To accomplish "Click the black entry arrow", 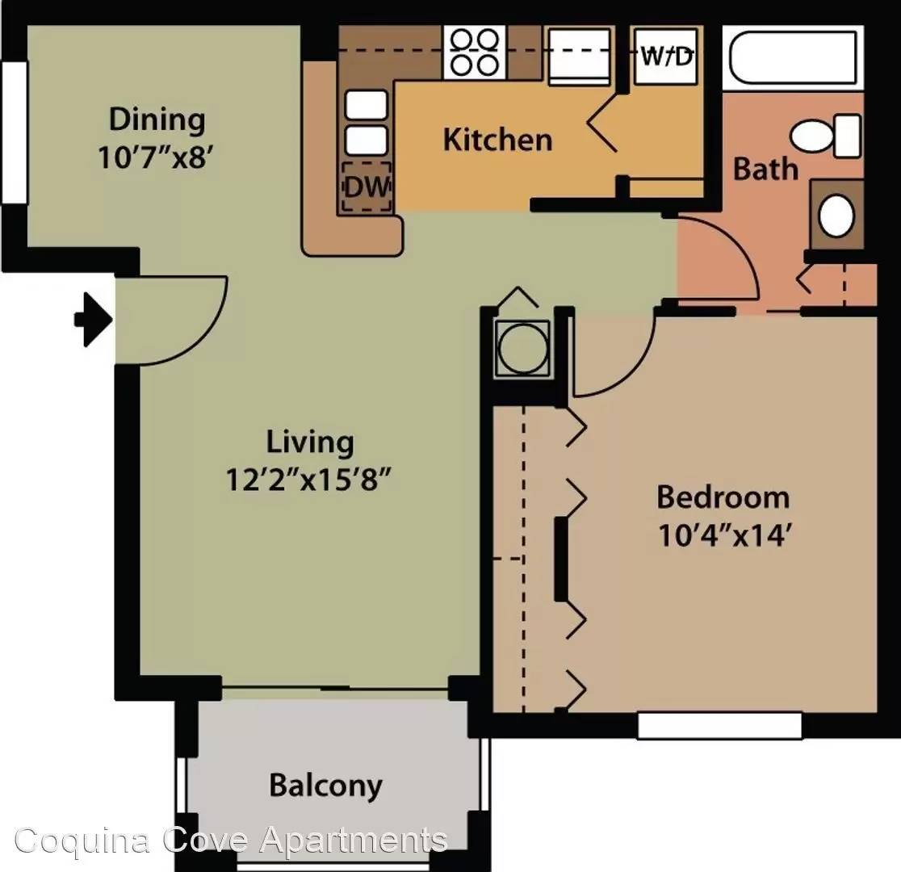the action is pyautogui.click(x=94, y=319).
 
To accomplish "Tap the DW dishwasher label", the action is pyautogui.click(x=367, y=187).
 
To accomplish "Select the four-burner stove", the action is pyautogui.click(x=475, y=52).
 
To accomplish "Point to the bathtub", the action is pyautogui.click(x=793, y=57).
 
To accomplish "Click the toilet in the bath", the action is pyautogui.click(x=826, y=135).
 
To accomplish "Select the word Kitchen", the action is pyautogui.click(x=497, y=140).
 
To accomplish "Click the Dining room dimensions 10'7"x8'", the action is pyautogui.click(x=152, y=157).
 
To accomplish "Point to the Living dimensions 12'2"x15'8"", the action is pyautogui.click(x=308, y=480).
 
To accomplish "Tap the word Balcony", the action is pyautogui.click(x=326, y=786).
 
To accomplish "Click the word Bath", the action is pyautogui.click(x=766, y=169).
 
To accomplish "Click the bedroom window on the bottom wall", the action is pyautogui.click(x=719, y=725).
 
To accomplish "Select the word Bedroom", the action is pyautogui.click(x=723, y=497).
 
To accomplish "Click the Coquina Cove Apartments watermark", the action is pyautogui.click(x=231, y=841).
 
